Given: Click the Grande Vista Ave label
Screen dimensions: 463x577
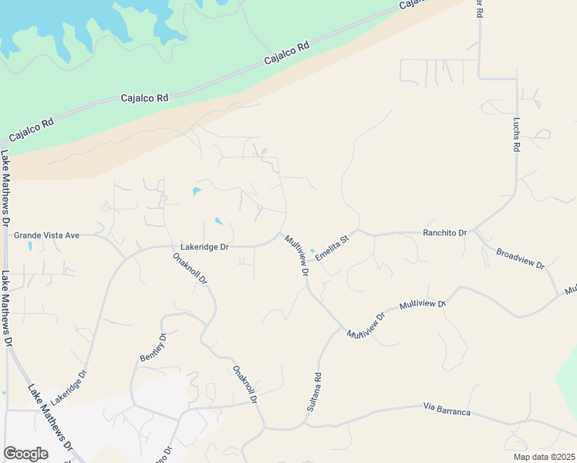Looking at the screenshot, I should (x=47, y=235).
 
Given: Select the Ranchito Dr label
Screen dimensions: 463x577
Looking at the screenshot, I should (x=444, y=232).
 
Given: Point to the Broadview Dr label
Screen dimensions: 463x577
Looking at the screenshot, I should (x=521, y=259).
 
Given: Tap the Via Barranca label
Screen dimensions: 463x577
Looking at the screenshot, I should (x=447, y=409).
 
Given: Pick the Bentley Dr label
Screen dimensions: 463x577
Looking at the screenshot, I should (x=154, y=347).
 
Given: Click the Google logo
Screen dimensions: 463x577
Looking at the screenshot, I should (x=25, y=454).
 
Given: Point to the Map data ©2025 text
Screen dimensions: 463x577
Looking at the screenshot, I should (x=543, y=457).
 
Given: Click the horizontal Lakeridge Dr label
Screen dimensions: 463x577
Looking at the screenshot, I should (x=205, y=247).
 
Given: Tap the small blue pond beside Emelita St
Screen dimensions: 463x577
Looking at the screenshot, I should (x=312, y=249).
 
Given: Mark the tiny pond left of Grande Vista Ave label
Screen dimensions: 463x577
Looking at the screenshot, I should (x=30, y=246).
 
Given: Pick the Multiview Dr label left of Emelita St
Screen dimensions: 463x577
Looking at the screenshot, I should (x=296, y=255).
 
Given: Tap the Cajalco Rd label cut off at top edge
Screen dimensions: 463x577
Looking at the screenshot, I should (x=413, y=5).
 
